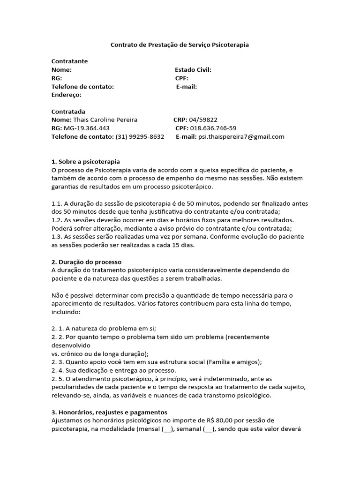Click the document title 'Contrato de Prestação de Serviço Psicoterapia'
click(x=180, y=45)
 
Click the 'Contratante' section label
click(x=69, y=61)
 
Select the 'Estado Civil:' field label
click(x=193, y=70)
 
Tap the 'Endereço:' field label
click(x=66, y=95)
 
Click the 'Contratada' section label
click(x=68, y=112)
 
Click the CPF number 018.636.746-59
click(x=213, y=128)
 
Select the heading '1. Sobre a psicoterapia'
click(x=85, y=162)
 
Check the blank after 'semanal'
click(x=209, y=429)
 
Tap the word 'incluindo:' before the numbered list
click(x=66, y=312)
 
